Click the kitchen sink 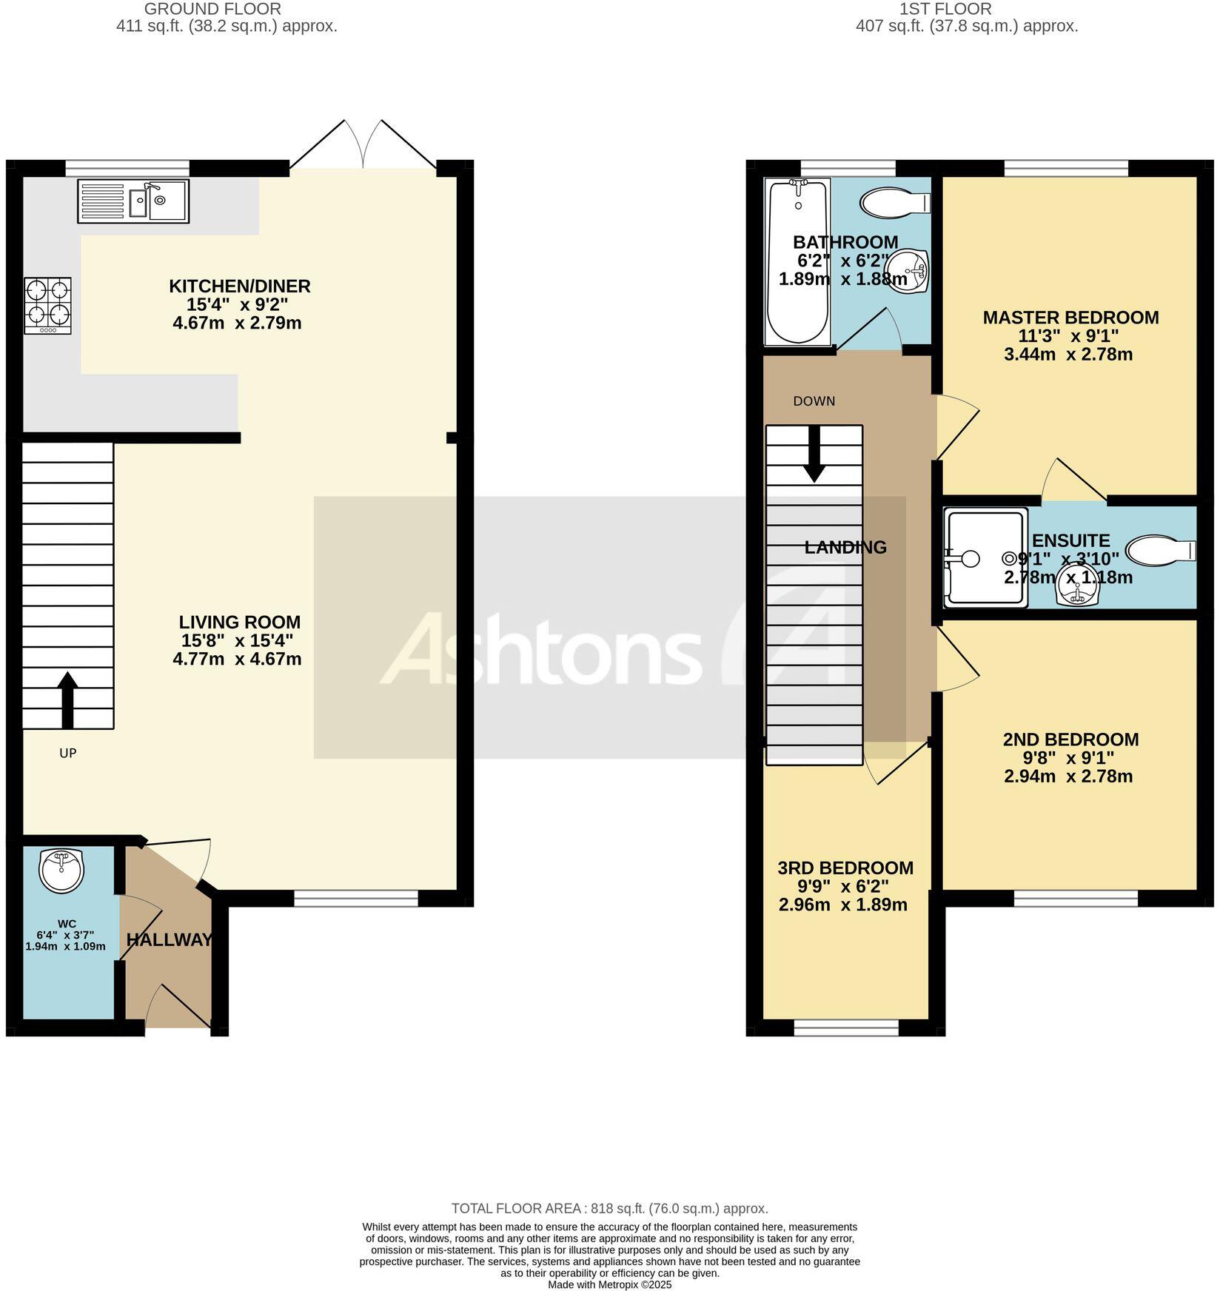(x=133, y=201)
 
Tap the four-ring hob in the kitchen (x=48, y=305)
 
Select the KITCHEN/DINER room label (x=239, y=286)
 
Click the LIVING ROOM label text (x=239, y=622)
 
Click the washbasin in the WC (x=61, y=871)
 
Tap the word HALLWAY (x=169, y=940)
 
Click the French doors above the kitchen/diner (x=363, y=146)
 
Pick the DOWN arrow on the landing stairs (x=815, y=455)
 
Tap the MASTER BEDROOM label (x=1070, y=318)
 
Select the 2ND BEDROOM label (x=1070, y=740)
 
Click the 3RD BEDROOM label (x=845, y=868)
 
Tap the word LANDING (x=845, y=548)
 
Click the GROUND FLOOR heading (x=212, y=10)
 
